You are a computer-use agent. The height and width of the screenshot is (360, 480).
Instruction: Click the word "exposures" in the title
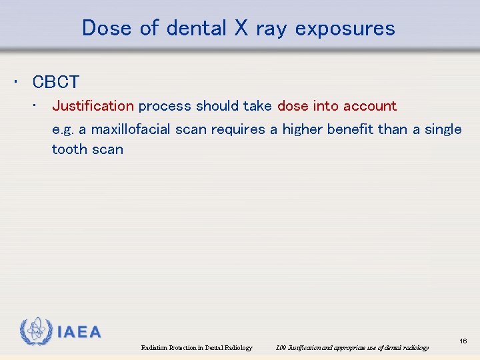pyautogui.click(x=345, y=29)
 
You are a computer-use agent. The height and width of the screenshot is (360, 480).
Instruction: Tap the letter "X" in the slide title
pyautogui.click(x=241, y=28)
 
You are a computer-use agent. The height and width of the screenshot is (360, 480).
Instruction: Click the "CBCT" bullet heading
pyautogui.click(x=56, y=82)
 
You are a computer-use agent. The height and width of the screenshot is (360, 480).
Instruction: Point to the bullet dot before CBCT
pyautogui.click(x=15, y=82)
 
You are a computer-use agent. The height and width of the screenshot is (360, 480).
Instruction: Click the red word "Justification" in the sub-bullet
pyautogui.click(x=93, y=106)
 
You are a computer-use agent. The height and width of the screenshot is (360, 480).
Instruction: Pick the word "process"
pyautogui.click(x=165, y=106)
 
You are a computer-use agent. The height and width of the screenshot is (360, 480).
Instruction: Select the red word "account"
pyautogui.click(x=370, y=106)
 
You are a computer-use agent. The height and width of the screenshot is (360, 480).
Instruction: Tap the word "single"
pyautogui.click(x=443, y=129)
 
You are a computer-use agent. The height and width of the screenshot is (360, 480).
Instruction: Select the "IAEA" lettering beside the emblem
pyautogui.click(x=79, y=332)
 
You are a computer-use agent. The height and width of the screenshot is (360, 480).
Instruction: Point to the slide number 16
pyautogui.click(x=463, y=341)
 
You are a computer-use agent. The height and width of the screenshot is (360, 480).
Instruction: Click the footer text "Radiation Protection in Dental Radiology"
pyautogui.click(x=197, y=348)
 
